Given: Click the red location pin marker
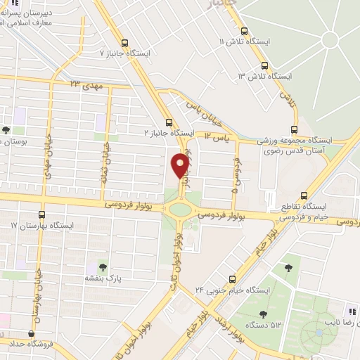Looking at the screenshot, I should [180, 165].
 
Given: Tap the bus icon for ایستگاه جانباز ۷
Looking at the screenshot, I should [125, 42].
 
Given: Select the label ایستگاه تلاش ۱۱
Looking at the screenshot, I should [244, 42].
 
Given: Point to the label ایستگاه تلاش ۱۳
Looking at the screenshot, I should [264, 75].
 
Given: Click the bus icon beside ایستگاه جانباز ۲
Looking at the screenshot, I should [169, 121].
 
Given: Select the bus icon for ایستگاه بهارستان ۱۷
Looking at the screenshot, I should [42, 214].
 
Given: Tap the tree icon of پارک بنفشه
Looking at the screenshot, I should [103, 267].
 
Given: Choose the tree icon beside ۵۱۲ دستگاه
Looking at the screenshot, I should [263, 314].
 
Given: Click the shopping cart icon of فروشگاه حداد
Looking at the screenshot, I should [31, 335].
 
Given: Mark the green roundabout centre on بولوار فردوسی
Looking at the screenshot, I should [180, 209].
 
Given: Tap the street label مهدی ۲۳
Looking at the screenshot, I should [86, 84].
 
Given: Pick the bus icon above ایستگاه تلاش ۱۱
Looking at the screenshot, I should [245, 31].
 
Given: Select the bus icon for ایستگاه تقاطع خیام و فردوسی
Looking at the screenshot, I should [304, 195].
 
